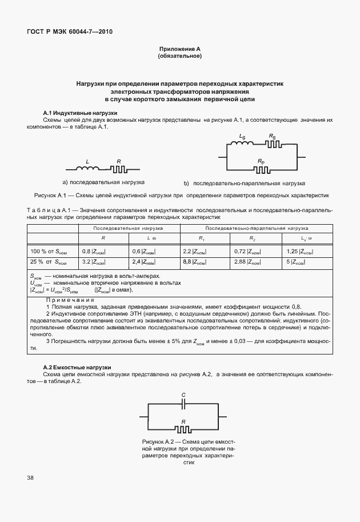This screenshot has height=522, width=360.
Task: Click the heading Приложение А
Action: pyautogui.click(x=180, y=50)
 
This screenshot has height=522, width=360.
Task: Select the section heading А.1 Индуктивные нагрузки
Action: pyautogui.click(x=81, y=113)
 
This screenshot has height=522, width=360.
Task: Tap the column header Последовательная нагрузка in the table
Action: pyautogui.click(x=129, y=228)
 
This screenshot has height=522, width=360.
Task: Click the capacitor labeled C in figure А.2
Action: pyautogui.click(x=183, y=404)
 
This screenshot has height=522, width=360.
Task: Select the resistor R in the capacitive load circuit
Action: pyautogui.click(x=183, y=429)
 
